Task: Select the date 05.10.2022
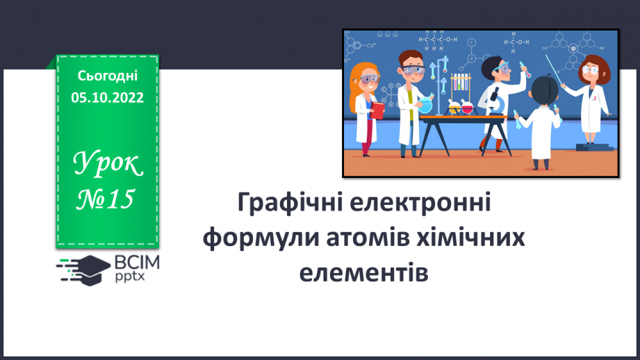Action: pos(107,98)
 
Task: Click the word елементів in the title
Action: pos(363,271)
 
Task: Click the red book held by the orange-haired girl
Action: pos(377,111)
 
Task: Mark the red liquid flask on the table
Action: pos(467,108)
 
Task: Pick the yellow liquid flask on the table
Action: pos(454,108)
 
